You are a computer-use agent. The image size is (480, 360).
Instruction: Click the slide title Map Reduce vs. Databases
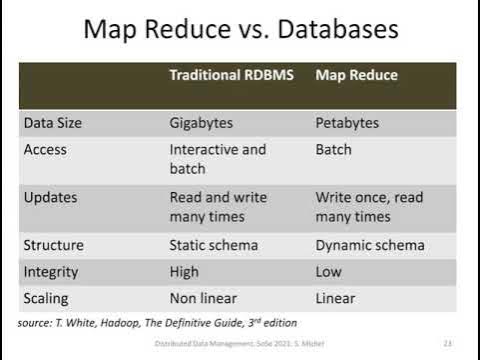click(240, 29)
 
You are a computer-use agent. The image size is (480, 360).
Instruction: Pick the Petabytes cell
click(350, 123)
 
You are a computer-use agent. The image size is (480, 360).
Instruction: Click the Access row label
click(45, 150)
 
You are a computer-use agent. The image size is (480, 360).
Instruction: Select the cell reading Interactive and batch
click(217, 159)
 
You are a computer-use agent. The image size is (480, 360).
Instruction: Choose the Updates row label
click(50, 197)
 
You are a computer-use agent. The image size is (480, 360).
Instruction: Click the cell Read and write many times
click(218, 207)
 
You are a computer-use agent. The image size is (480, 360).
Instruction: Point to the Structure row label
click(54, 245)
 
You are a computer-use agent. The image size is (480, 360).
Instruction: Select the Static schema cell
click(214, 245)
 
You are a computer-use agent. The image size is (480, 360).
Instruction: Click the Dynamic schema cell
click(370, 245)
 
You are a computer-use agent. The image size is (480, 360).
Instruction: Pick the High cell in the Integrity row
click(184, 272)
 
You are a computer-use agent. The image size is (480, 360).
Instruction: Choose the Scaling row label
click(49, 298)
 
